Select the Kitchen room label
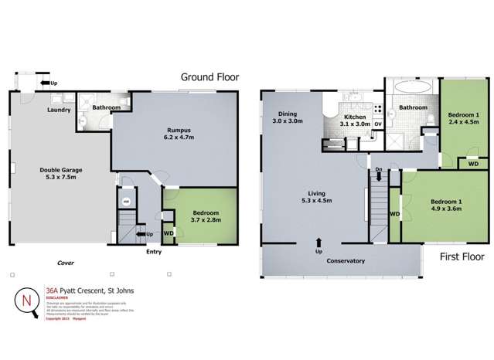click(356, 117)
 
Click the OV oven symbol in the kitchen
click(379, 124)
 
